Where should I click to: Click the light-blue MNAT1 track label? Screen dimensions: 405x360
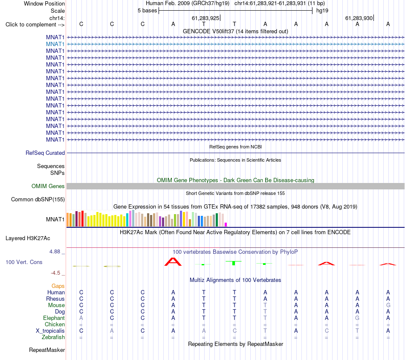click(x=55, y=44)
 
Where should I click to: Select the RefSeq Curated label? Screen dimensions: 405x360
click(x=45, y=153)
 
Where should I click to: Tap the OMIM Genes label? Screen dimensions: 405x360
click(x=48, y=186)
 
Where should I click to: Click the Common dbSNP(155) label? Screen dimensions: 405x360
click(x=38, y=200)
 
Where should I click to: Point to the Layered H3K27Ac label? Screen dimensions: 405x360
click(x=28, y=238)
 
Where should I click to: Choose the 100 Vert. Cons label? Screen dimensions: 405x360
click(x=24, y=262)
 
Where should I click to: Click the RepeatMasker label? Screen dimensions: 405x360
click(x=47, y=350)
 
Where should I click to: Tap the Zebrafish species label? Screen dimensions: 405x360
click(x=53, y=337)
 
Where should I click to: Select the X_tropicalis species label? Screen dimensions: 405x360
click(x=50, y=331)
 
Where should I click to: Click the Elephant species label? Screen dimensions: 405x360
click(x=54, y=318)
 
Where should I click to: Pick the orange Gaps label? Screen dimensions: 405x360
click(x=58, y=286)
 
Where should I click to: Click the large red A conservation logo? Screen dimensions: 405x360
click(x=173, y=262)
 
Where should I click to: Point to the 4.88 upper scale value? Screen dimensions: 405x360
click(x=55, y=252)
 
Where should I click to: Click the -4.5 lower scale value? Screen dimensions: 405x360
click(x=55, y=273)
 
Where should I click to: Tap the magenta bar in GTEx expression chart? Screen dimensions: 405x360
click(x=226, y=225)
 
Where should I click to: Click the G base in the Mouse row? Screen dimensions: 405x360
click(x=388, y=305)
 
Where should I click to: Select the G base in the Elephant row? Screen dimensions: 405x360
click(x=358, y=318)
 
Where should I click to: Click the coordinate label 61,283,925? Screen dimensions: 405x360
click(x=205, y=18)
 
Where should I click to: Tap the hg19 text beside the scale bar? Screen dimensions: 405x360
click(x=322, y=11)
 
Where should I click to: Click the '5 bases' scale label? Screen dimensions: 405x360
click(x=147, y=11)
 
